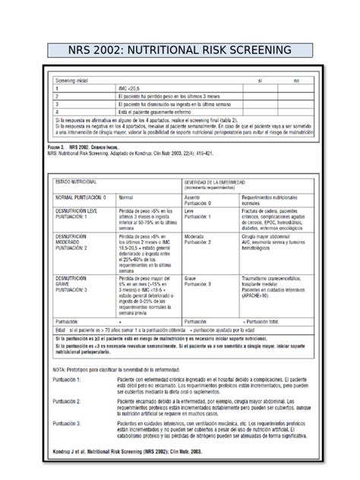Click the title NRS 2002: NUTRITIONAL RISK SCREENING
180,51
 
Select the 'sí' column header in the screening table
261,80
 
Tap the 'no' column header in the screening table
297,80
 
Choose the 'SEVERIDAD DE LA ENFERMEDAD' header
220,182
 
